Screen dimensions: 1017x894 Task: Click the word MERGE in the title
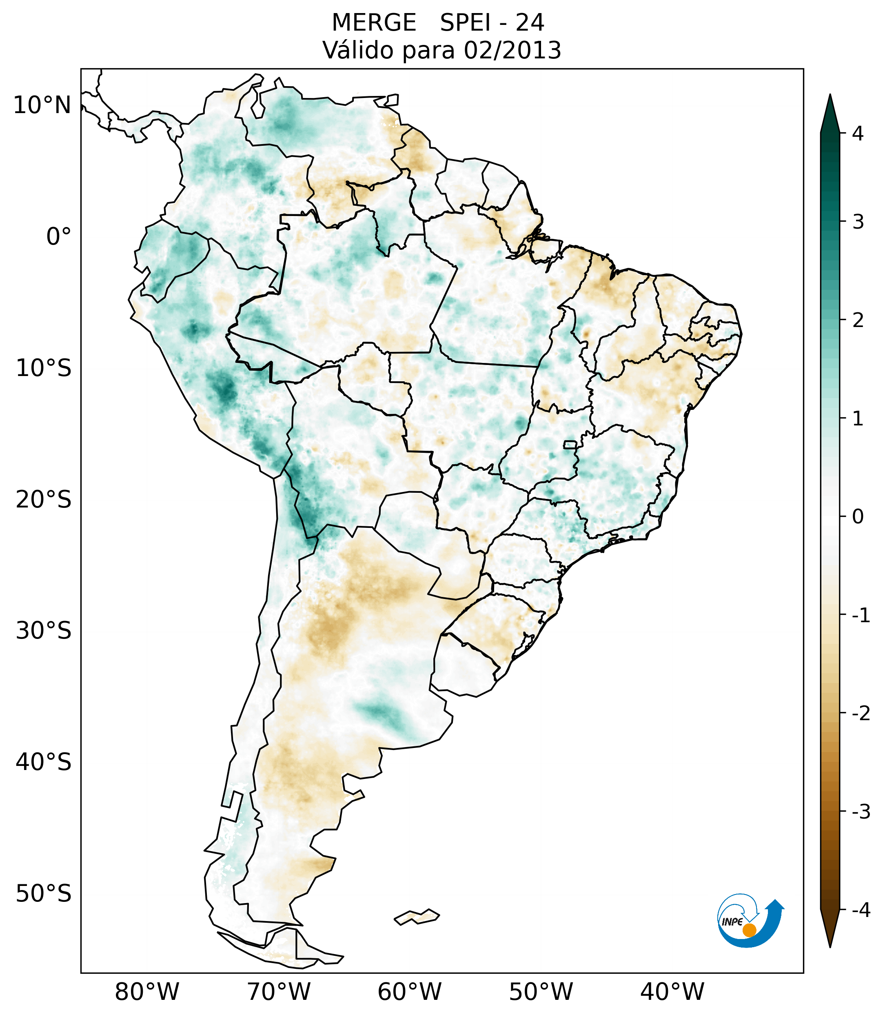[373, 23]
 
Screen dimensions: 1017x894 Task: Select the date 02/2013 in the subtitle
[512, 50]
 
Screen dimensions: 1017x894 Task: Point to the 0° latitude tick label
[59, 236]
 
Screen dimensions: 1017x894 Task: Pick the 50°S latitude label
[44, 894]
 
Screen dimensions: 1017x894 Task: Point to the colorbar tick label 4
[857, 134]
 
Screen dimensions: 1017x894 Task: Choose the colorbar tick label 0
[857, 517]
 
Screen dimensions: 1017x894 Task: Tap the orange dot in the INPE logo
[749, 930]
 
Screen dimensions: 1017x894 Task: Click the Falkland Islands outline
[417, 917]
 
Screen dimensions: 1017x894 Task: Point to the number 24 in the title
[530, 23]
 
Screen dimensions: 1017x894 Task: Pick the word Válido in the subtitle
[358, 50]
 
